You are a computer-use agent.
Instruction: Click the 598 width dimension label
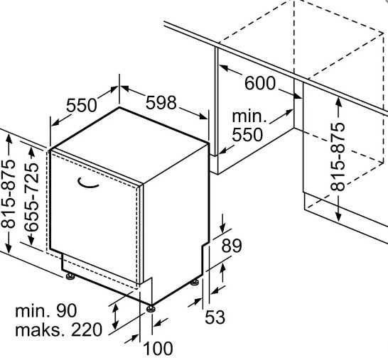point(161,103)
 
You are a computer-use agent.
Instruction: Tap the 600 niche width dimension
point(260,83)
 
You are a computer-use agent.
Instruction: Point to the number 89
point(232,246)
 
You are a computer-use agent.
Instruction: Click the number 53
point(215,317)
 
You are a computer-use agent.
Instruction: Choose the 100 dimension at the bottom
point(158,349)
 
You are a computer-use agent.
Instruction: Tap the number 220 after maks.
point(87,329)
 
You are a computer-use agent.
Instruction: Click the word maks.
point(41,329)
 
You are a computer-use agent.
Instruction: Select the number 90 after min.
point(67,310)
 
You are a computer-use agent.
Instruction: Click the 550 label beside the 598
point(82,105)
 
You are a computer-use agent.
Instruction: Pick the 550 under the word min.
point(247,135)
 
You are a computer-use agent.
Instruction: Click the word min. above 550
point(249,116)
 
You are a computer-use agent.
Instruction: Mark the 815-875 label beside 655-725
point(8,194)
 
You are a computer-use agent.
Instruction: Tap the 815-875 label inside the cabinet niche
point(338,157)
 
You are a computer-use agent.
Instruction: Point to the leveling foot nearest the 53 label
point(195,282)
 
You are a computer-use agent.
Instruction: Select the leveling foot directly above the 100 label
point(151,309)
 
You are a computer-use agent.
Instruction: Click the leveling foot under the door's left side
point(70,276)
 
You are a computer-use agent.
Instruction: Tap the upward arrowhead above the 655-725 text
point(32,152)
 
